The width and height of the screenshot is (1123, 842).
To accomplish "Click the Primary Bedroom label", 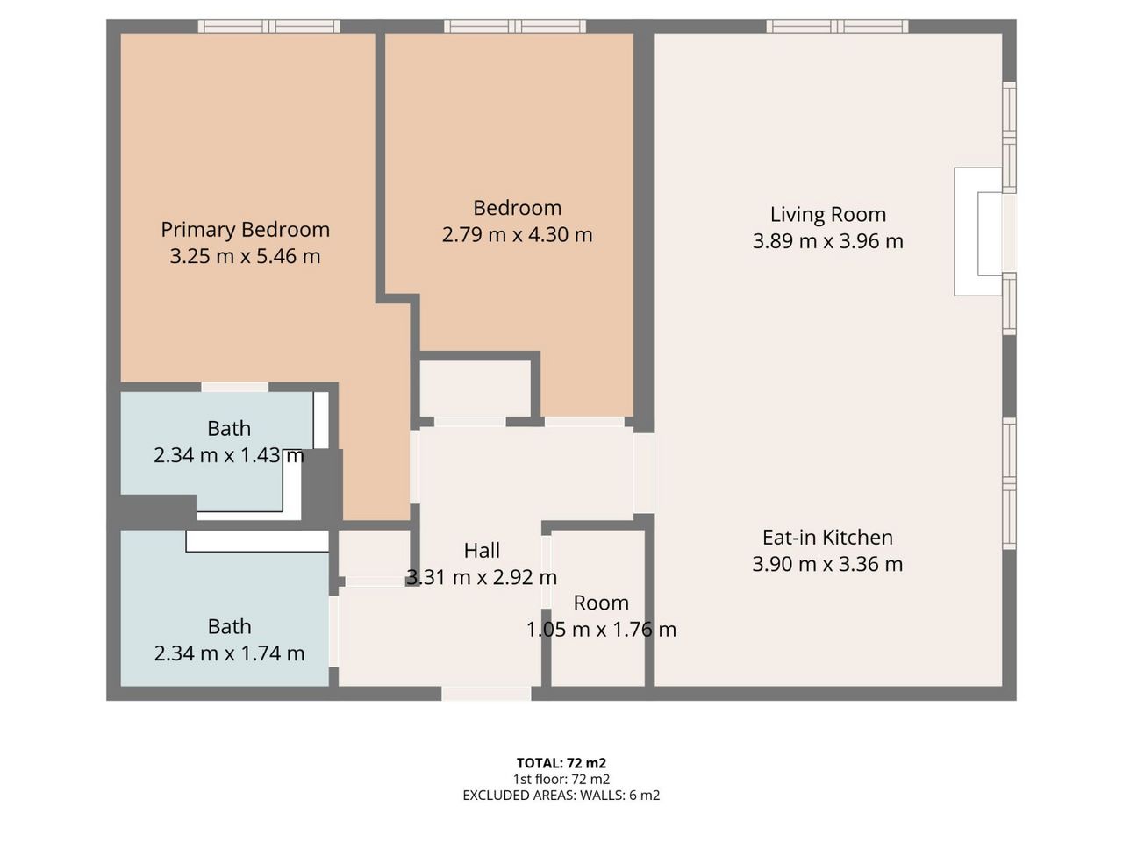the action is (245, 230).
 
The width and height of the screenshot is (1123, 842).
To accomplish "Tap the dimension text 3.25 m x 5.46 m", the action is (245, 256).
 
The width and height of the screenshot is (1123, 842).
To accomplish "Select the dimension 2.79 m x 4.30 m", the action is (518, 235).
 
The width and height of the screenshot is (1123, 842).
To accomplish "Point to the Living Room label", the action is (828, 215).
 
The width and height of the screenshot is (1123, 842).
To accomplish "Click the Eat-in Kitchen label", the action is (827, 538).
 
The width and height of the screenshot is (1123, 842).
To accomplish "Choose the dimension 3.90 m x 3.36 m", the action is (827, 564).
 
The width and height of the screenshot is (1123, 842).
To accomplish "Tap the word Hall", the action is (482, 551).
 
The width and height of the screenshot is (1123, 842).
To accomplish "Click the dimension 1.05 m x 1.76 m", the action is (601, 630).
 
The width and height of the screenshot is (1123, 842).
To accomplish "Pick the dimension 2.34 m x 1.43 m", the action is (229, 455).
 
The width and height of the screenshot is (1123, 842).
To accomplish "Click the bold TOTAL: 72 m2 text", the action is (561, 763).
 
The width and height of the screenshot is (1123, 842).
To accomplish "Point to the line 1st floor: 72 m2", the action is (561, 779).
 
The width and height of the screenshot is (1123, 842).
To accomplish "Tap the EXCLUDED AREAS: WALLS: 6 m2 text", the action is (561, 795).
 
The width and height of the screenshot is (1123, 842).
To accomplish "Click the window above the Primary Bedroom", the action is (268, 26).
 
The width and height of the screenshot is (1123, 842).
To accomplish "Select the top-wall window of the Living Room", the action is (837, 26).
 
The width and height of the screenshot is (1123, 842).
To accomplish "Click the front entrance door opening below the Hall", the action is (486, 693).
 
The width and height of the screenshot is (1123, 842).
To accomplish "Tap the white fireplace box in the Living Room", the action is (977, 232).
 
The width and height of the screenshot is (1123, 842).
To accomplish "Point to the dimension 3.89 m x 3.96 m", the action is (828, 241).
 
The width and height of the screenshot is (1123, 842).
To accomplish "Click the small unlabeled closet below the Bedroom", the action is (475, 389).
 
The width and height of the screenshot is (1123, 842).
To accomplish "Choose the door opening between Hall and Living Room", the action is (644, 473).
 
